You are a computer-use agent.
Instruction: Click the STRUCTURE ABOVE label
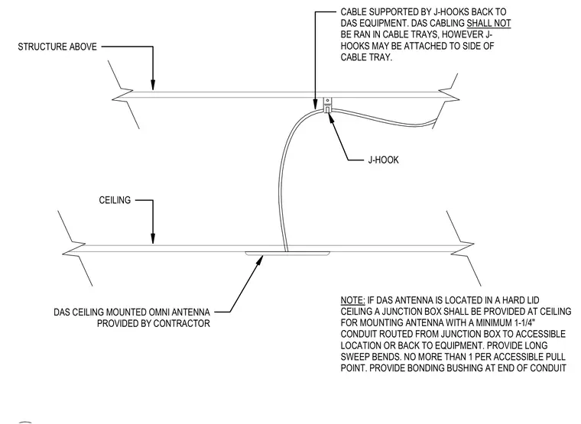tap(57, 47)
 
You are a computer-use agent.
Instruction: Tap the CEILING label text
tap(115, 200)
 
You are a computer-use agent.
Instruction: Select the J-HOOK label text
tap(383, 160)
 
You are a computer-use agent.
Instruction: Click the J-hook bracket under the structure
tap(327, 105)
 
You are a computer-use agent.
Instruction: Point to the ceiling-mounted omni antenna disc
tap(287, 254)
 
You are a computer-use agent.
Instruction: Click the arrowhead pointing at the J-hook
tap(331, 116)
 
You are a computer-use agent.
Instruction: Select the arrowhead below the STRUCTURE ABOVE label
tap(153, 85)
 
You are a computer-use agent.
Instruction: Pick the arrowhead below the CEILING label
tap(153, 239)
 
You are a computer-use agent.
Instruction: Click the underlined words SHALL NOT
tap(488, 24)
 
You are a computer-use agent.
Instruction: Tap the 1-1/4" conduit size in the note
tap(524, 323)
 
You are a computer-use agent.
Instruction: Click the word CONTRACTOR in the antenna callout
tap(182, 323)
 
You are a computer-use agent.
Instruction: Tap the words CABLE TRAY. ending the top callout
tap(366, 58)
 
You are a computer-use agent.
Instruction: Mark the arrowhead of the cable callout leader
tap(315, 105)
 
